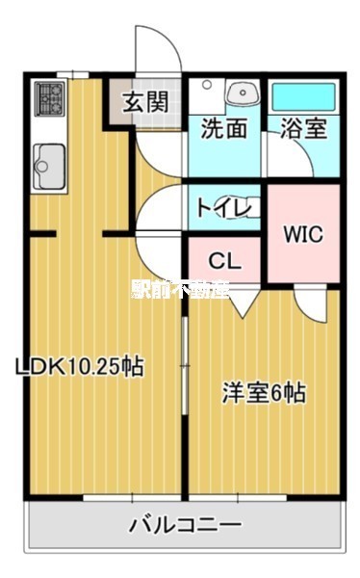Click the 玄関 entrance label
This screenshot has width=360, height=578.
[x=146, y=99]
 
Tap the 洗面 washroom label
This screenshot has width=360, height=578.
[x=223, y=129]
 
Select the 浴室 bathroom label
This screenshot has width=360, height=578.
[x=302, y=129]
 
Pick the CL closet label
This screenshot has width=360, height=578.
[x=224, y=260]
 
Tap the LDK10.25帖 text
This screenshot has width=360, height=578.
[x=79, y=366]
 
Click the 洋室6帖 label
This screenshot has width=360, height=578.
[x=265, y=392]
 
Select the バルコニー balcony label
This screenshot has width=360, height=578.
[x=186, y=526]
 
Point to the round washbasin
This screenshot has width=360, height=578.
[x=242, y=94]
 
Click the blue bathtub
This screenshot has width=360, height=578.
[x=302, y=96]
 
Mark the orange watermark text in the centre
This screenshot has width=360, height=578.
[x=180, y=289]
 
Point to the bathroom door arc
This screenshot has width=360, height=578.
[x=275, y=159]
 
